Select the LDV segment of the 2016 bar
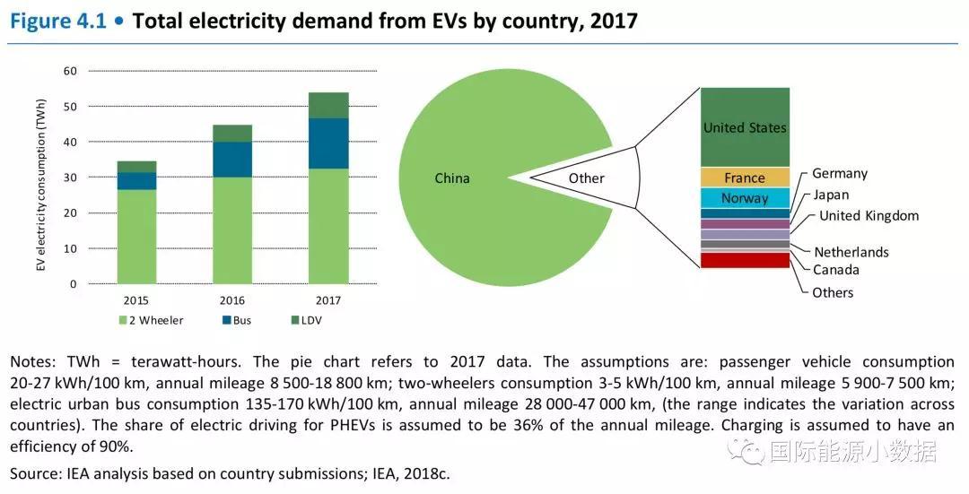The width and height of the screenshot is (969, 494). pyautogui.click(x=232, y=133)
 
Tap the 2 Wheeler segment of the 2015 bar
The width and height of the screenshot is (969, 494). pyautogui.click(x=136, y=237)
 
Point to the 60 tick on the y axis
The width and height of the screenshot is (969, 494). pyautogui.click(x=71, y=71)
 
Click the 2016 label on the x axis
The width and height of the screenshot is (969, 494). pyautogui.click(x=231, y=300)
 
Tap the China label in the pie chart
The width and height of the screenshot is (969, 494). pyautogui.click(x=452, y=178)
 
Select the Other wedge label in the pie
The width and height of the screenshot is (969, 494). pyautogui.click(x=587, y=178)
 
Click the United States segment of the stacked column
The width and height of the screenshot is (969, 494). pyautogui.click(x=745, y=127)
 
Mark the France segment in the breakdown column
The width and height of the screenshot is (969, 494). pyautogui.click(x=745, y=178)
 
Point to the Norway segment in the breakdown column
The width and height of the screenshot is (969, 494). pyautogui.click(x=745, y=198)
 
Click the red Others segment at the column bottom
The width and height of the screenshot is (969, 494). pyautogui.click(x=745, y=260)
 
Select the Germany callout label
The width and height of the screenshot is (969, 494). pyautogui.click(x=840, y=173)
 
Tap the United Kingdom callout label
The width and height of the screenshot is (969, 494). pyautogui.click(x=869, y=215)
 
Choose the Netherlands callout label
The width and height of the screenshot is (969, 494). pyautogui.click(x=851, y=252)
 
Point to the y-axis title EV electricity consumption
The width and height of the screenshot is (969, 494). pyautogui.click(x=40, y=178)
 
